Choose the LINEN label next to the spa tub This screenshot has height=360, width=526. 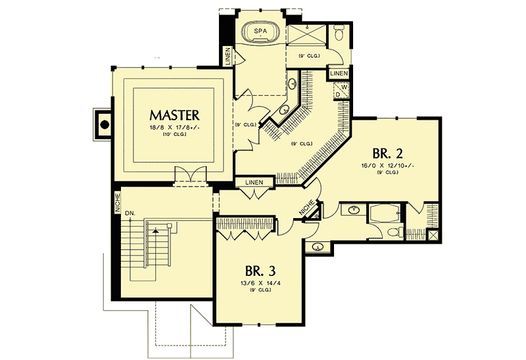point(227,56)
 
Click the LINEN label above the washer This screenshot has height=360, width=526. point(339,73)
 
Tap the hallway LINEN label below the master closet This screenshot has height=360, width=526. point(254,182)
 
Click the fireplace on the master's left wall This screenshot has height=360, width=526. point(103,123)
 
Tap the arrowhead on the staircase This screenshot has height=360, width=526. point(155,231)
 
